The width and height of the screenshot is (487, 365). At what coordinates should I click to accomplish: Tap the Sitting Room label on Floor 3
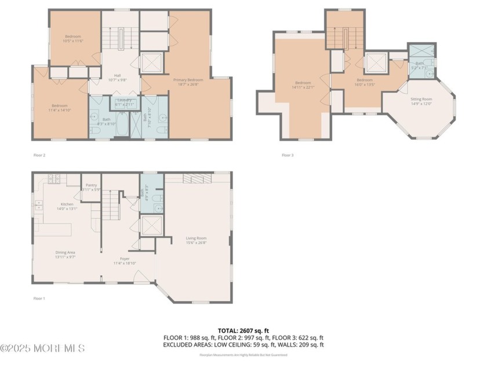pyautogui.click(x=421, y=99)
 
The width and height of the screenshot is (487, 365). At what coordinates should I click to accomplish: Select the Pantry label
pyautogui.click(x=91, y=185)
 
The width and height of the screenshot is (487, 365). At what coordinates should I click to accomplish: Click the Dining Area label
pyautogui.click(x=66, y=253)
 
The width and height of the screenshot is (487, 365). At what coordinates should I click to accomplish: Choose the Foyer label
pyautogui.click(x=125, y=258)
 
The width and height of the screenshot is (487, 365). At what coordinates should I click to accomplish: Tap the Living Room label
pyautogui.click(x=196, y=238)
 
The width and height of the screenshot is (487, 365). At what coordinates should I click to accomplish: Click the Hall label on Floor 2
pyautogui.click(x=117, y=75)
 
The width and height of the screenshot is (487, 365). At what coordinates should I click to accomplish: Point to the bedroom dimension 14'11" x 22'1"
pyautogui.click(x=303, y=87)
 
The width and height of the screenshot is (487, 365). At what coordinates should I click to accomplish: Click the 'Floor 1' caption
pyautogui.click(x=39, y=298)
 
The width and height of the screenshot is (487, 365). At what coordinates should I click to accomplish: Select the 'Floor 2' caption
pyautogui.click(x=39, y=155)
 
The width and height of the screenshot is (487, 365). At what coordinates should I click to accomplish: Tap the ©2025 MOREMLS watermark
pyautogui.click(x=43, y=348)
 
